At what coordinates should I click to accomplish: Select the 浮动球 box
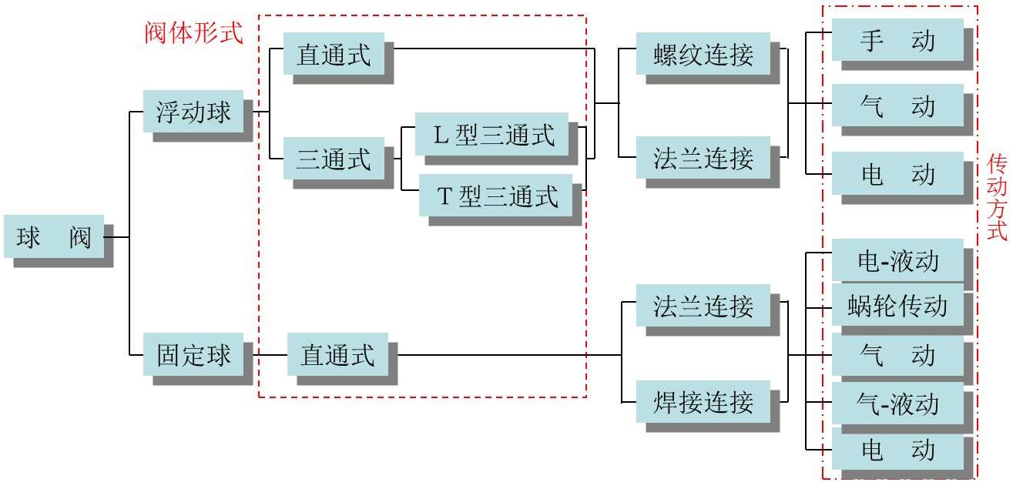point(193,112)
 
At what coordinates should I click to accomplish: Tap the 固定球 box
point(193,354)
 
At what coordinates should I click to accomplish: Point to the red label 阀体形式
point(193,33)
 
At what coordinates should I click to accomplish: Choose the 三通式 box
point(333,159)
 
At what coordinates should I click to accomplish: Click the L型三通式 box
point(491,134)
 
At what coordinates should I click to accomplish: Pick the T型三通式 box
point(495,196)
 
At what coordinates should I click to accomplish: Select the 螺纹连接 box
point(703,54)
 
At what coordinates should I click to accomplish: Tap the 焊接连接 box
point(703,401)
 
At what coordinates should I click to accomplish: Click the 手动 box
point(897,40)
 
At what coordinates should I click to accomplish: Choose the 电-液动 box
point(897,260)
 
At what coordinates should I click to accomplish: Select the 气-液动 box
point(897,403)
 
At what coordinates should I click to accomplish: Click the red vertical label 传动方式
point(997,197)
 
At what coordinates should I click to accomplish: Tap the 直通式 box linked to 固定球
point(337,354)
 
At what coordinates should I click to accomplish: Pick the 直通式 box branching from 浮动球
point(333,54)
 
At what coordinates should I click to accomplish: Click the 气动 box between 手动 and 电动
point(897,106)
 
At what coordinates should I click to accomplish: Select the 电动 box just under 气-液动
point(897,450)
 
